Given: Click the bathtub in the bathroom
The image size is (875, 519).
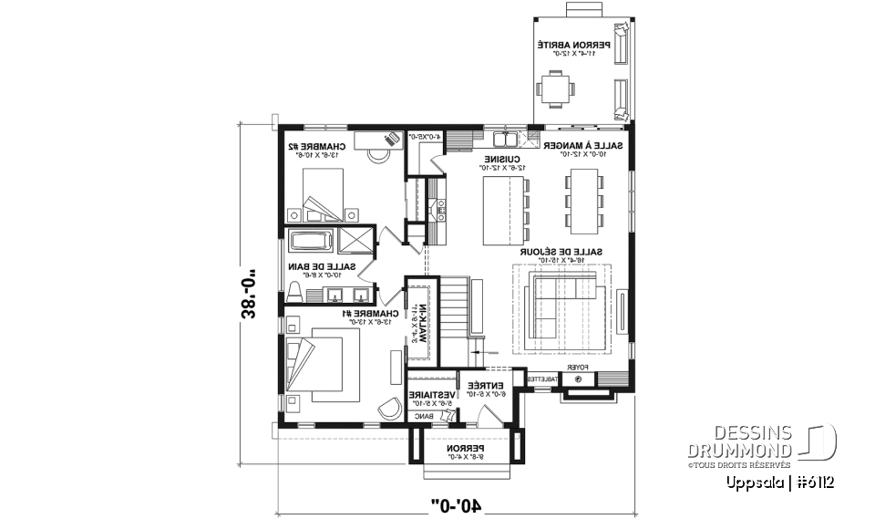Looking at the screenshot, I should pos(312,241).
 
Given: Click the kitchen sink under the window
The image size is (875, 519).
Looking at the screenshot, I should pos(504,140).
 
